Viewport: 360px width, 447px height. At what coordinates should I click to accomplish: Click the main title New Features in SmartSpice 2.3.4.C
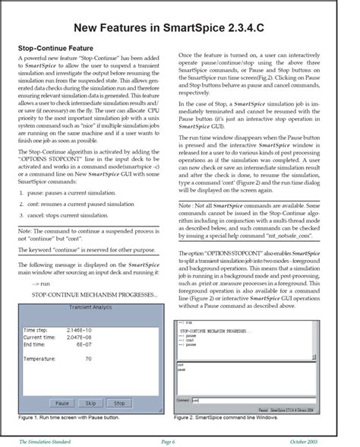pos(179,29)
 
